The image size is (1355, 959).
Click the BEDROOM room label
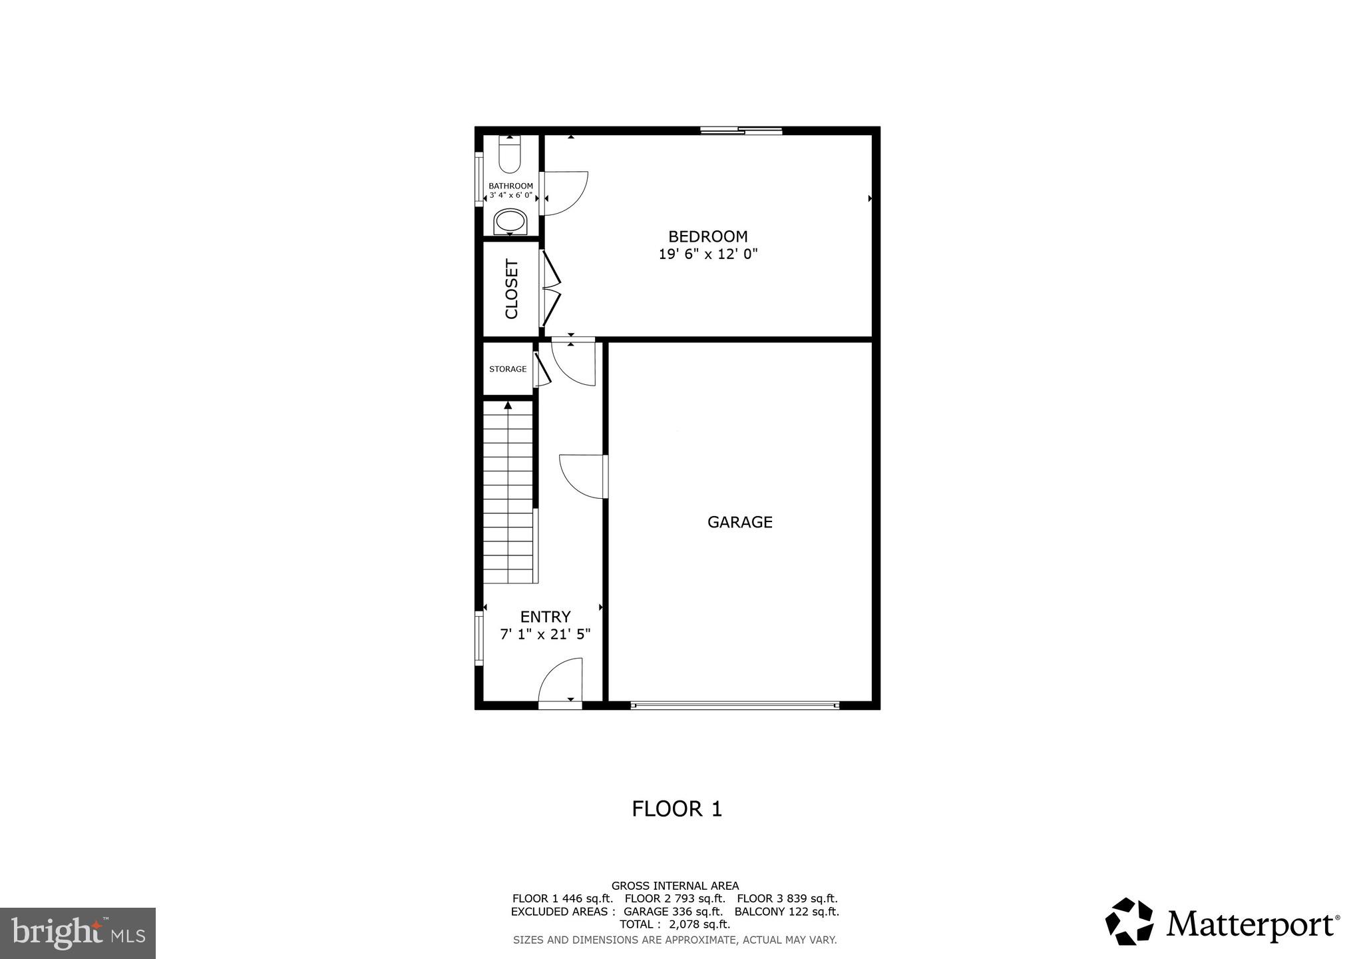click(707, 236)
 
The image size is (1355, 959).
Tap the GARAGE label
click(739, 522)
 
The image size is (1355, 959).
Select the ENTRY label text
click(545, 617)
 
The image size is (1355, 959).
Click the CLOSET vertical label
click(511, 289)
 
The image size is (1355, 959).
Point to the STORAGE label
click(508, 369)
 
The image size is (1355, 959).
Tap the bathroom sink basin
click(510, 221)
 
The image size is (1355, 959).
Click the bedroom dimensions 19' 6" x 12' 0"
click(708, 254)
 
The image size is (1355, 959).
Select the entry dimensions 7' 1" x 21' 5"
click(545, 635)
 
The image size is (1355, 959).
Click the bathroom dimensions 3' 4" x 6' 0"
click(510, 196)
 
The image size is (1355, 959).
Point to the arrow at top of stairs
click(508, 405)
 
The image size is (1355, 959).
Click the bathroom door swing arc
click(564, 193)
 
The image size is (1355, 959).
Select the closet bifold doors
click(551, 289)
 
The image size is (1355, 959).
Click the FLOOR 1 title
click(676, 809)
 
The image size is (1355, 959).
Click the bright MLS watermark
click(78, 934)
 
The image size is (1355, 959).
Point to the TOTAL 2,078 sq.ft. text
click(675, 924)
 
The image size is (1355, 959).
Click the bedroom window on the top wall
click(741, 131)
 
